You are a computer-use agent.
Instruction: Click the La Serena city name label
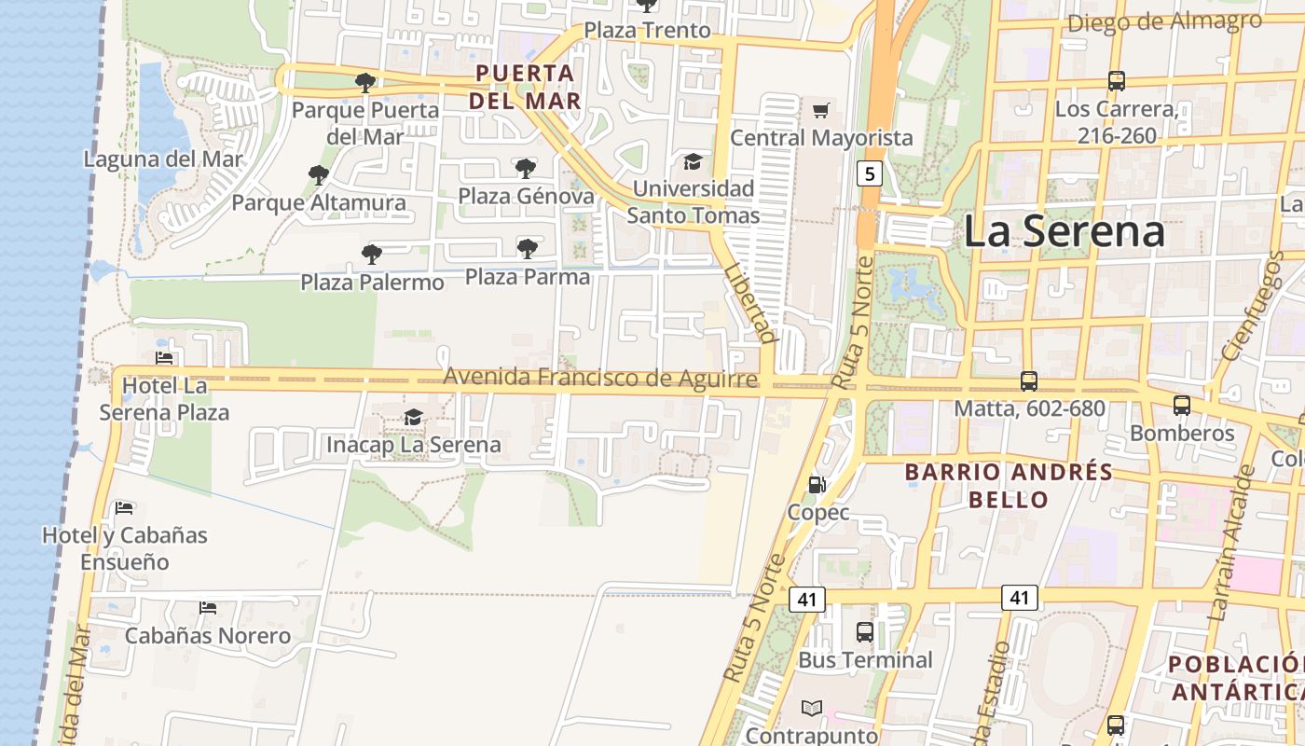pyautogui.click(x=1064, y=231)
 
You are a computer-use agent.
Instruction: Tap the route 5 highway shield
pyautogui.click(x=869, y=173)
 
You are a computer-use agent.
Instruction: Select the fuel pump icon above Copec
pyautogui.click(x=817, y=484)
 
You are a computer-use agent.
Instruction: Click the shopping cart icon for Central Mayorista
pyautogui.click(x=820, y=111)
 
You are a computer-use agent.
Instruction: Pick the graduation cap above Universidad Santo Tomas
pyautogui.click(x=693, y=161)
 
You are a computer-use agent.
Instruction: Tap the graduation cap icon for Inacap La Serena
pyautogui.click(x=413, y=417)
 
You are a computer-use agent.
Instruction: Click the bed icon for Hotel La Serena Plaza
pyautogui.click(x=164, y=357)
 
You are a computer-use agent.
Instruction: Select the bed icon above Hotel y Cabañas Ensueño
pyautogui.click(x=124, y=507)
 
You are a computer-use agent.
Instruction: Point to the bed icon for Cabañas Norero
pyautogui.click(x=208, y=608)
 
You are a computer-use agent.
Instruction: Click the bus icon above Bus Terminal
pyautogui.click(x=865, y=631)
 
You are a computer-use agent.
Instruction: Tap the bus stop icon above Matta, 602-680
pyautogui.click(x=1029, y=380)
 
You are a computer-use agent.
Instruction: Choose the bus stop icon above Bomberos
pyautogui.click(x=1182, y=405)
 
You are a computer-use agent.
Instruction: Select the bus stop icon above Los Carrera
pyautogui.click(x=1117, y=81)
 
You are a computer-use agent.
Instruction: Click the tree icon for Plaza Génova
pyautogui.click(x=526, y=168)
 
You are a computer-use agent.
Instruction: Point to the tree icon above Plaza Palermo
pyautogui.click(x=372, y=254)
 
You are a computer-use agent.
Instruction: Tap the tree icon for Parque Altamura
pyautogui.click(x=319, y=174)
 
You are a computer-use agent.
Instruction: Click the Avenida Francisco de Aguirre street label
pyautogui.click(x=600, y=379)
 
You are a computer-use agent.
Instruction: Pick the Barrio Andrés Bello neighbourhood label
pyautogui.click(x=1009, y=485)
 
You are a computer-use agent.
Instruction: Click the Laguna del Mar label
pyautogui.click(x=163, y=159)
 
